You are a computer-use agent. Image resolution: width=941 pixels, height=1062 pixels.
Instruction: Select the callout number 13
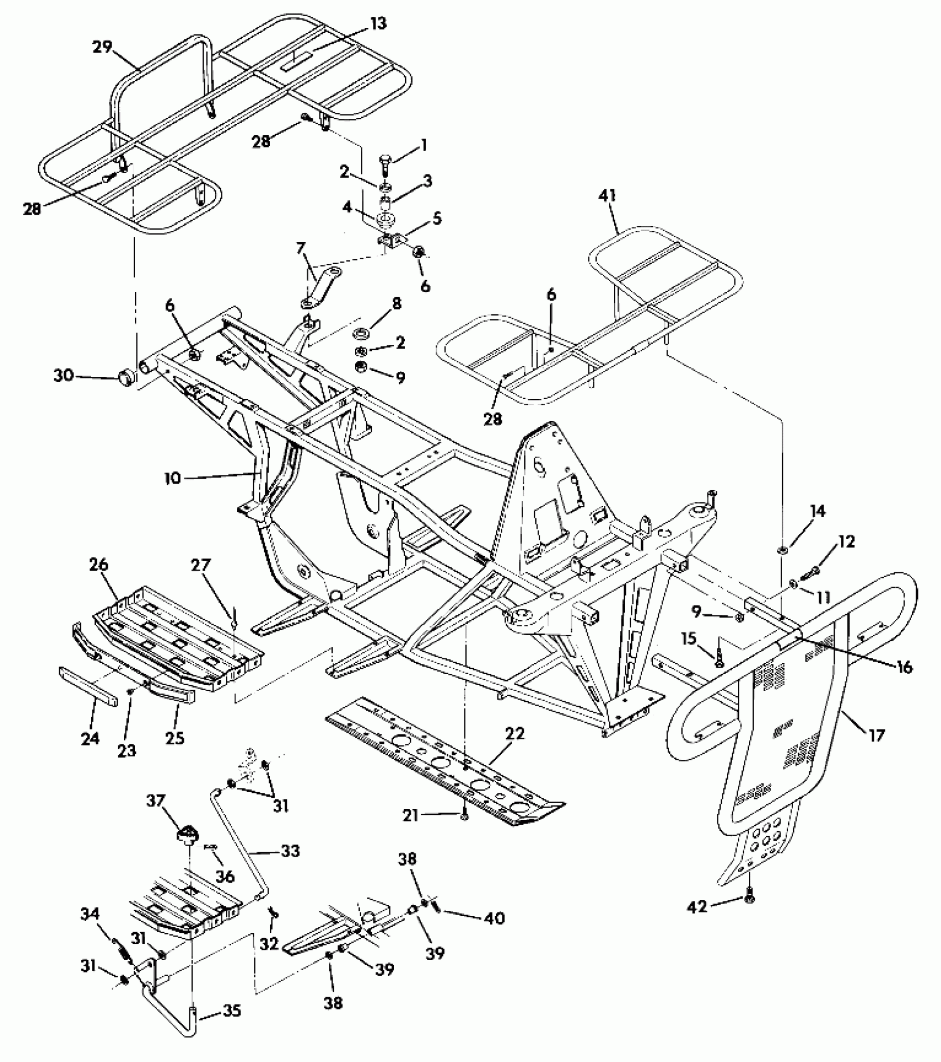point(379,23)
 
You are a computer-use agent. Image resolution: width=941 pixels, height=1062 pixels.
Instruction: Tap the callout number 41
point(607,196)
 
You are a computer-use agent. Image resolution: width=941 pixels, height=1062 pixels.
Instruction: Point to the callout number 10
point(173,478)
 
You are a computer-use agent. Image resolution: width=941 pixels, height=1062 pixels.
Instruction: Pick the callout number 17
point(877,735)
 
